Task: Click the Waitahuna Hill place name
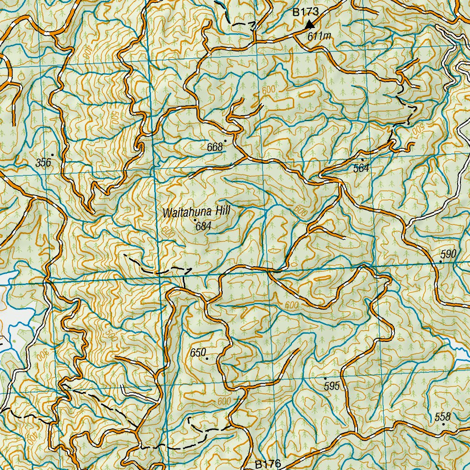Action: pyautogui.click(x=196, y=213)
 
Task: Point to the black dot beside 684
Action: pyautogui.click(x=195, y=221)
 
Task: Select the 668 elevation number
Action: pyautogui.click(x=215, y=147)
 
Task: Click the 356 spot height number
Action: pyautogui.click(x=43, y=162)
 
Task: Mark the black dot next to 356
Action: pyautogui.click(x=53, y=155)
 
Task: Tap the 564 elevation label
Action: pyautogui.click(x=361, y=168)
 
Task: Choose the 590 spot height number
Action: pyautogui.click(x=448, y=254)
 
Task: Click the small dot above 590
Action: pyautogui.click(x=441, y=261)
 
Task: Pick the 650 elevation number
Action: pyautogui.click(x=198, y=352)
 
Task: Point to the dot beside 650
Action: pyautogui.click(x=207, y=358)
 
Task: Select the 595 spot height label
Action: pyautogui.click(x=331, y=386)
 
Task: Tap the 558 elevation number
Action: pyautogui.click(x=443, y=417)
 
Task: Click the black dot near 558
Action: pyautogui.click(x=443, y=424)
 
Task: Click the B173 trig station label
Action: pyautogui.click(x=306, y=12)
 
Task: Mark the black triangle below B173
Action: pyautogui.click(x=310, y=24)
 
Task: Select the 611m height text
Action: pyautogui.click(x=319, y=35)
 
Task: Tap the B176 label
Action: pyautogui.click(x=268, y=464)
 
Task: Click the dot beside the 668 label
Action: pyautogui.click(x=225, y=141)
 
